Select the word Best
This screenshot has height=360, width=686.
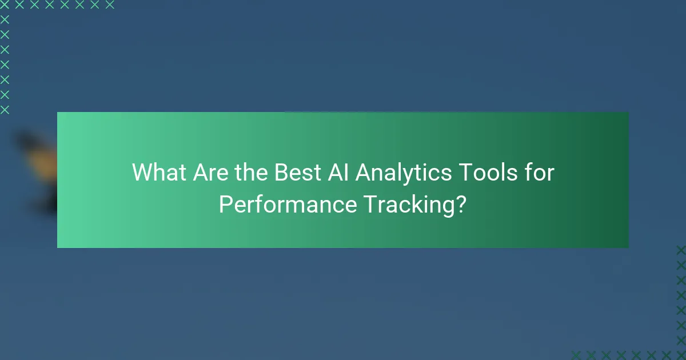[x=297, y=173]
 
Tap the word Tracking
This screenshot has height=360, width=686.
[x=405, y=205]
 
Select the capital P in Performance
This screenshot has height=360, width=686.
[x=225, y=204]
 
